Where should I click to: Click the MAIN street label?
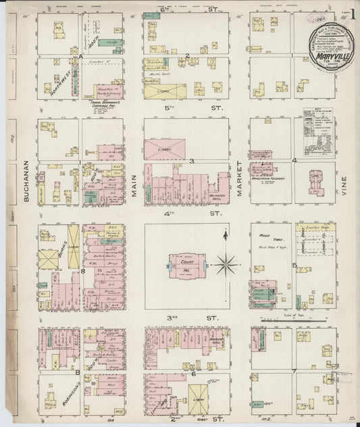pyautogui.click(x=133, y=184)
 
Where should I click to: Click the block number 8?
pyautogui.click(x=82, y=271)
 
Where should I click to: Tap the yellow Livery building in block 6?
pyautogui.click(x=199, y=399)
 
